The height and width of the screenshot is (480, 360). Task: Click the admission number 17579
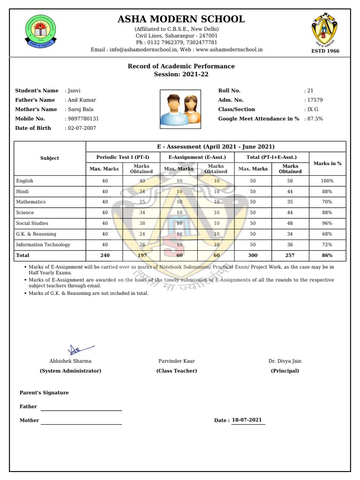(x=315, y=100)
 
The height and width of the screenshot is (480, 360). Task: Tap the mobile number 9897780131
(x=83, y=119)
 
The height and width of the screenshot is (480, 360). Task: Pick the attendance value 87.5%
(x=315, y=119)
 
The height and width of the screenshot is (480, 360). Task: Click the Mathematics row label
(x=31, y=202)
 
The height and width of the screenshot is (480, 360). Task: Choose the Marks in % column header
(x=327, y=163)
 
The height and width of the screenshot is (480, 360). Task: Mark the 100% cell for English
(x=327, y=181)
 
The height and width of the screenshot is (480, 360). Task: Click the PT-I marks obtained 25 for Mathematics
(x=142, y=202)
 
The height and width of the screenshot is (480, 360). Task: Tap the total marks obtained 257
(x=290, y=255)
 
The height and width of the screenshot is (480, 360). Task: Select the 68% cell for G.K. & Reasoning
(x=327, y=234)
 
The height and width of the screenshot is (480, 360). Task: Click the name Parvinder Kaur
(x=177, y=361)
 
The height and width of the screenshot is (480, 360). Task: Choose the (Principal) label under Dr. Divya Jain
(x=285, y=371)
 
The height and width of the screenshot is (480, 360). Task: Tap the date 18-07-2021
(x=247, y=420)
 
